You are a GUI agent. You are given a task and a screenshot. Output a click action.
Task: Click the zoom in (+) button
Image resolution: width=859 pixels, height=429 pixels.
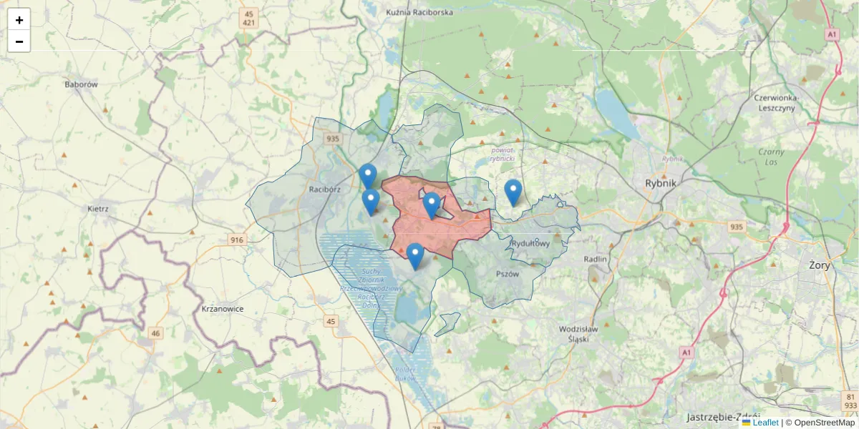coord(19,19)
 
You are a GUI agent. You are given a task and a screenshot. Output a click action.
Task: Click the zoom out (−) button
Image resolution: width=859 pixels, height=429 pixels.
coord(19,41)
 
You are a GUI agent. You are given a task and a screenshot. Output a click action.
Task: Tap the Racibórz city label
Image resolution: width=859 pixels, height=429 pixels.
coord(324,189)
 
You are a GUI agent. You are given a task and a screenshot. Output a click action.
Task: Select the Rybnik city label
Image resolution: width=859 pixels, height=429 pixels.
coord(660,182)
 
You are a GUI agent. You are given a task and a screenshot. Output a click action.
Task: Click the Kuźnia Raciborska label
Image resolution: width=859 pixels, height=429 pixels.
coord(419,13)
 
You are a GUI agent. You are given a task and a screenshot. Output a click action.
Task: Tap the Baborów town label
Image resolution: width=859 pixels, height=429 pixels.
coord(81,84)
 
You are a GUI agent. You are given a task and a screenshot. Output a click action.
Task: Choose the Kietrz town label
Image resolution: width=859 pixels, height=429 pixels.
coord(97,209)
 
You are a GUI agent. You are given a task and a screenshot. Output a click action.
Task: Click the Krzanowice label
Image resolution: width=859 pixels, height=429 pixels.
coord(218,309)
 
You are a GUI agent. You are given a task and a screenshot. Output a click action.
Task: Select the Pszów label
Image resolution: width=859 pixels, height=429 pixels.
coord(507,273)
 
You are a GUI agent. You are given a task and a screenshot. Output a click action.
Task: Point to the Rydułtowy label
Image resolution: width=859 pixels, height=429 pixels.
coord(530,244)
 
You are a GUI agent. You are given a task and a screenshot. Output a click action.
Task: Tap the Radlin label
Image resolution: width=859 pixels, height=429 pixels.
coord(595,259)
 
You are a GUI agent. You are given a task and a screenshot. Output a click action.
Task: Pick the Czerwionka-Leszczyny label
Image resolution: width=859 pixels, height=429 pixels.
coord(775,103)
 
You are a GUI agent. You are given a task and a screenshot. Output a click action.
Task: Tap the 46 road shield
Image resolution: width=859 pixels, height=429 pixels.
coord(156,333)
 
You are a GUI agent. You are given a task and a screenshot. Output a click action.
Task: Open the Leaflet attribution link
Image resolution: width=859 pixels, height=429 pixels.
coord(765,423)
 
